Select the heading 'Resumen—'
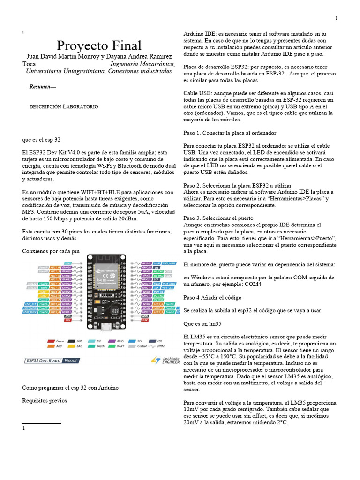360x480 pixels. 42,87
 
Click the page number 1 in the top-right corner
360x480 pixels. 336,18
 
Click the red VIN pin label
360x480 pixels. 67,321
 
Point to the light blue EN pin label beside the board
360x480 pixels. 68,263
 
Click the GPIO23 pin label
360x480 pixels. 146,263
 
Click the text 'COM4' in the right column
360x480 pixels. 265,285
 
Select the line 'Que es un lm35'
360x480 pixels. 202,324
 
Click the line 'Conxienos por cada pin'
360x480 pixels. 51,251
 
